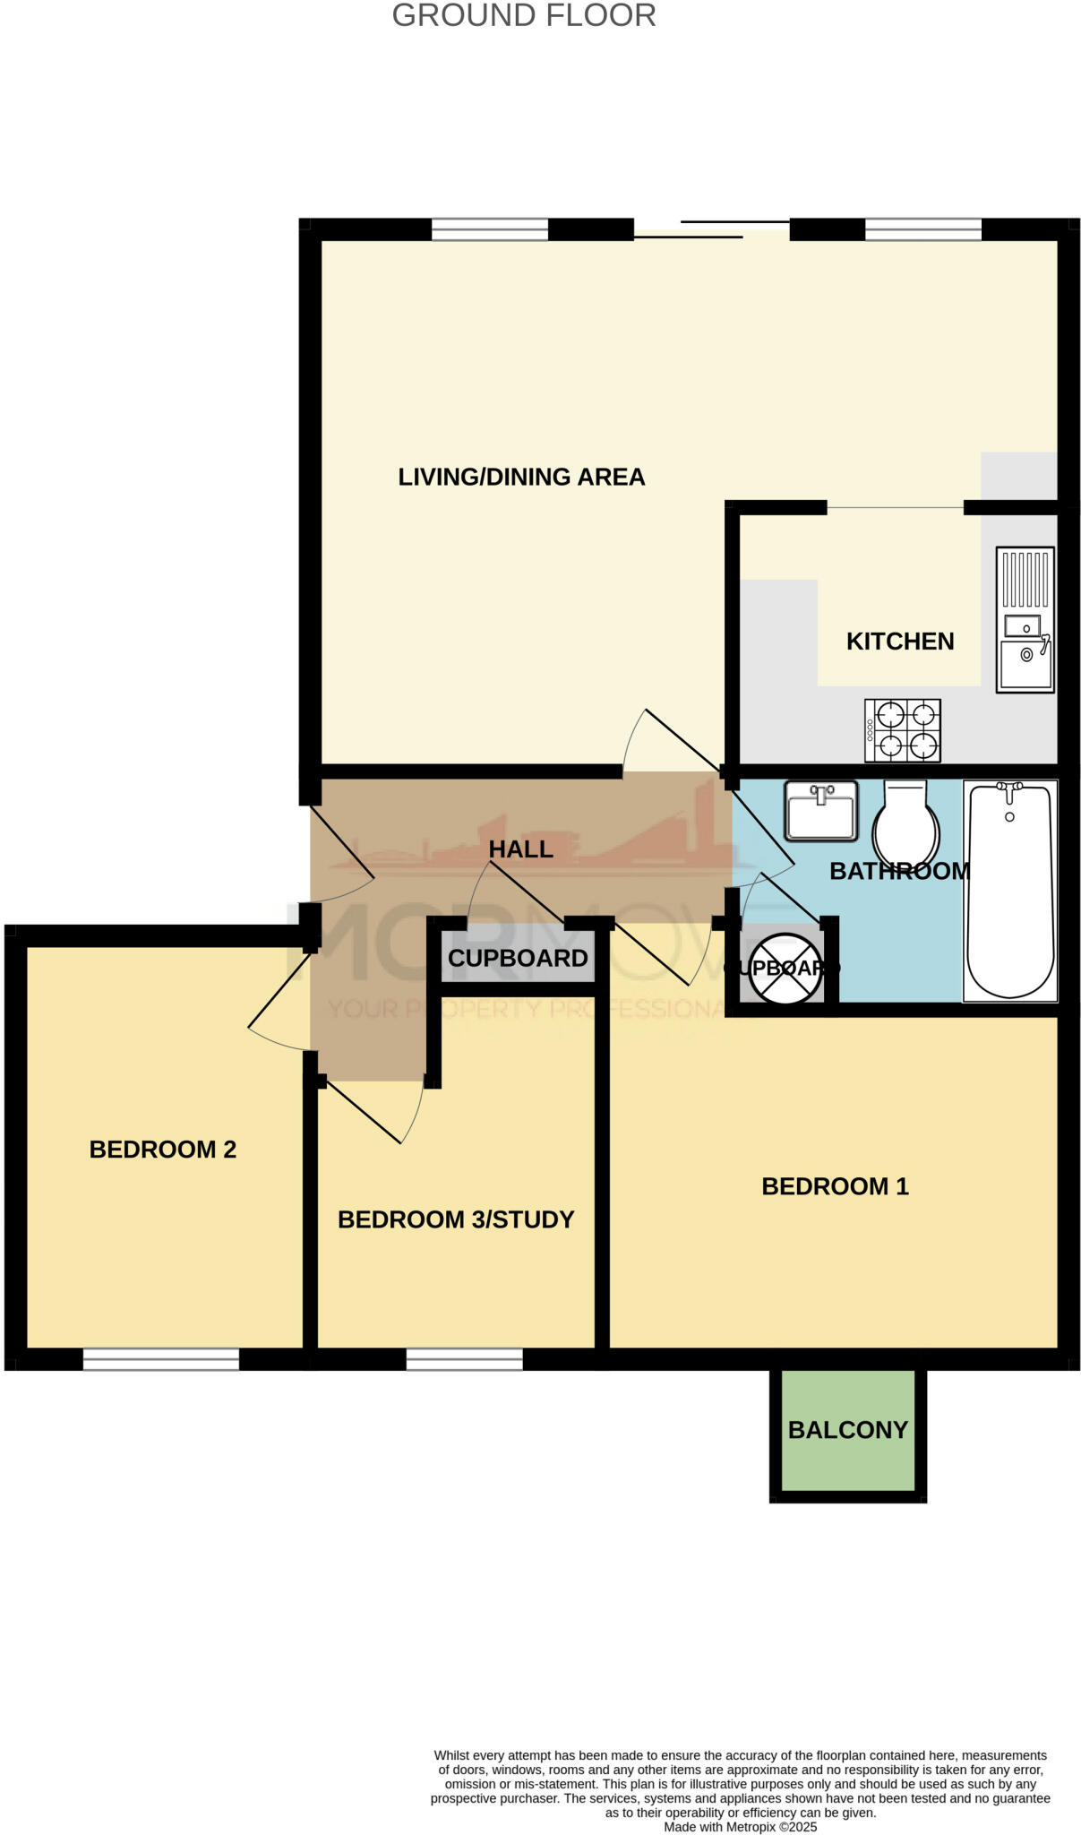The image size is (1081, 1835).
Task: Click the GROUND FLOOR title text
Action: (x=524, y=15)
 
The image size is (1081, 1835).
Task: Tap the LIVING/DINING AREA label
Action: (x=521, y=477)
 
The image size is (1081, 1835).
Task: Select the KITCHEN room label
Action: (x=900, y=642)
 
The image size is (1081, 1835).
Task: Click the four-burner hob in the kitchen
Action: (x=902, y=730)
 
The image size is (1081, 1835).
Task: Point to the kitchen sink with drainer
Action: (x=1025, y=620)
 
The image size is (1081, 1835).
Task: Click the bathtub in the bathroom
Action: (x=1009, y=891)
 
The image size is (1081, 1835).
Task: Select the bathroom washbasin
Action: (x=820, y=811)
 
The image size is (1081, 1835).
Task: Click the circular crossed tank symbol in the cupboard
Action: (x=785, y=969)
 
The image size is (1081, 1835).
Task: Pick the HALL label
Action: (x=520, y=849)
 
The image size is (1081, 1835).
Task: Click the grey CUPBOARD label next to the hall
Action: (x=518, y=958)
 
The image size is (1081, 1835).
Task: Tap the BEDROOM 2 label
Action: (x=162, y=1150)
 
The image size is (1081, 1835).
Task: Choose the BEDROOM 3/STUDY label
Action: (x=456, y=1219)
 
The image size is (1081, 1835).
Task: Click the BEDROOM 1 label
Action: (x=835, y=1186)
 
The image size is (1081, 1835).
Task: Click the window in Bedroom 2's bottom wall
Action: (x=161, y=1359)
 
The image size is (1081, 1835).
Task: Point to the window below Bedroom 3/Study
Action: (x=464, y=1359)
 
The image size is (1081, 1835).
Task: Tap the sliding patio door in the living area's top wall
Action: (x=712, y=229)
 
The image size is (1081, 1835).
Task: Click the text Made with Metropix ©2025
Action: (x=740, y=1826)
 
